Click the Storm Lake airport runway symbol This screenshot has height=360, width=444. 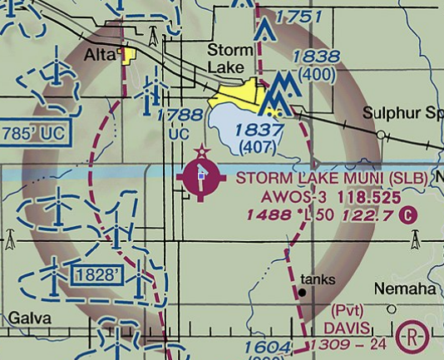pyautogui.click(x=201, y=178)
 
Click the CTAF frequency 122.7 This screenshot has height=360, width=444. pyautogui.click(x=373, y=216)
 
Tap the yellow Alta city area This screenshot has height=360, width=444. pyautogui.click(x=128, y=57)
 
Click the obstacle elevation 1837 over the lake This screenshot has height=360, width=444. pyautogui.click(x=259, y=130)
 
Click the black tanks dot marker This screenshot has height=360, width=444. pyautogui.click(x=302, y=293)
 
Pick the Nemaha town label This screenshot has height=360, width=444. pyautogui.click(x=404, y=288)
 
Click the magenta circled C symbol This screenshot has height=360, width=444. pyautogui.click(x=407, y=216)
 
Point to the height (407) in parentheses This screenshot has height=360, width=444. pyautogui.click(x=259, y=147)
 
